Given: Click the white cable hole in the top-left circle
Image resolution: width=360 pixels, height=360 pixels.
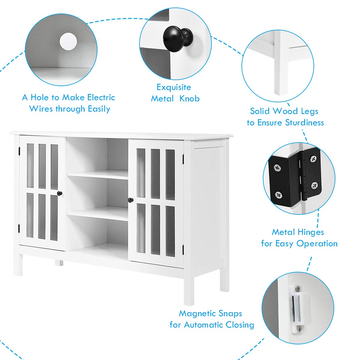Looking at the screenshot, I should pyautogui.click(x=68, y=42).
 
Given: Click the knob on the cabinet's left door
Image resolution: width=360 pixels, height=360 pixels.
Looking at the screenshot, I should pyautogui.click(x=60, y=194).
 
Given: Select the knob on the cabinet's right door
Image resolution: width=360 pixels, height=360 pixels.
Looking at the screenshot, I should pyautogui.click(x=130, y=200).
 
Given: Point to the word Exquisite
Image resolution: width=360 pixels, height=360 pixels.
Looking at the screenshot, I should pyautogui.click(x=174, y=87).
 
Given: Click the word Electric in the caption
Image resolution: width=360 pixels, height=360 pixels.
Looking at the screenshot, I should pyautogui.click(x=101, y=97).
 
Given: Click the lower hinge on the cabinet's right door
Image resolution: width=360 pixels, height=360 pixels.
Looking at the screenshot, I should pyautogui.click(x=183, y=249).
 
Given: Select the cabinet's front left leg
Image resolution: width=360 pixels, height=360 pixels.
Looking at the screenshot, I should pyautogui.click(x=18, y=264).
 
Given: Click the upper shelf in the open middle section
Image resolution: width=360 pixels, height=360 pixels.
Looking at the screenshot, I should pyautogui.click(x=97, y=175).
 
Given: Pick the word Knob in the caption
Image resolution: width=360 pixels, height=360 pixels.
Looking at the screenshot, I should pyautogui.click(x=189, y=99).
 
